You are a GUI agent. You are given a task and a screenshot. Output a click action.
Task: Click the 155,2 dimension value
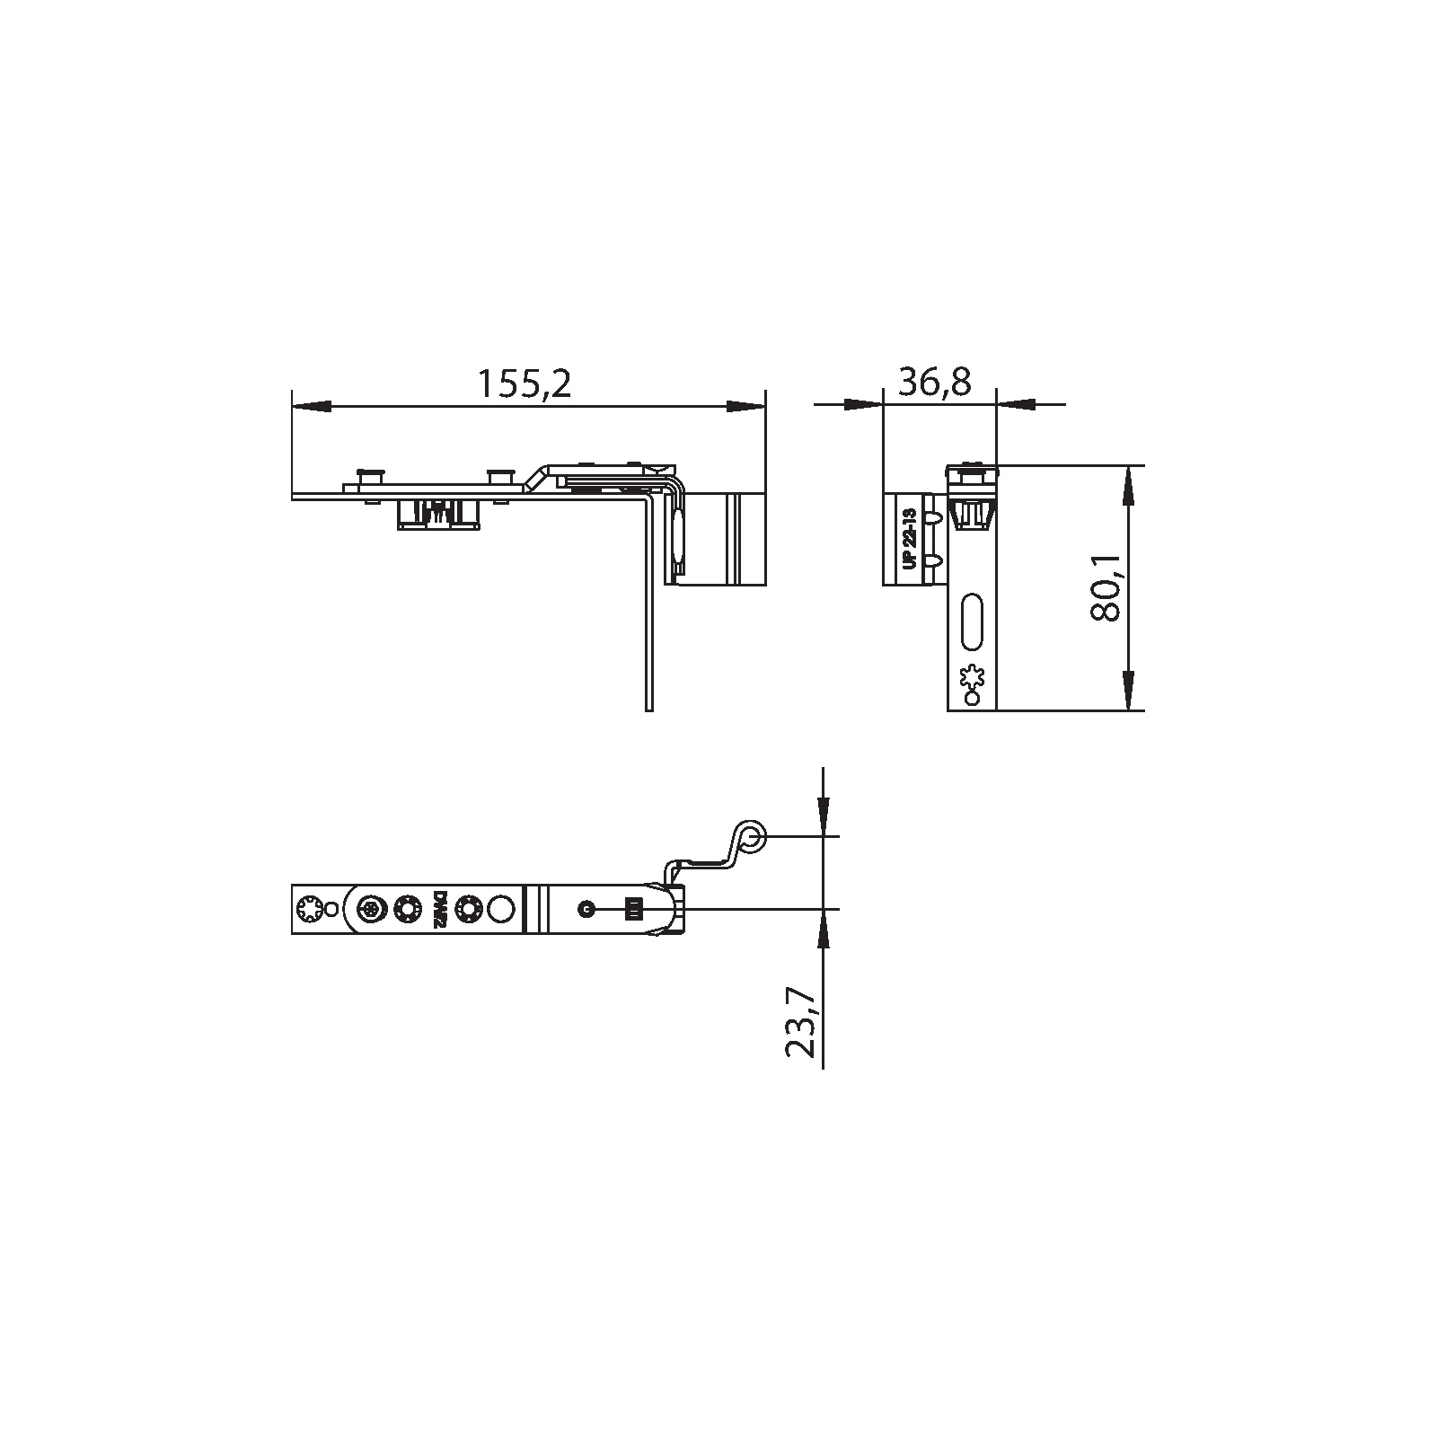524,384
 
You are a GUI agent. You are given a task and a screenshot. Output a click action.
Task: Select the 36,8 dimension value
935,383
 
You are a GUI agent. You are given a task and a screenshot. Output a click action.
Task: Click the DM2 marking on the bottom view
440,910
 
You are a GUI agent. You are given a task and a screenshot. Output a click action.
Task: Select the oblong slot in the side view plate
972,619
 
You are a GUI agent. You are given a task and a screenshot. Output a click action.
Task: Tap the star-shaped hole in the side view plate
973,676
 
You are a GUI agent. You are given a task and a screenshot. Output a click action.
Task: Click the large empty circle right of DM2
501,910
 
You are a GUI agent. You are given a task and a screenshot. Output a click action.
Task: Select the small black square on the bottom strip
634,910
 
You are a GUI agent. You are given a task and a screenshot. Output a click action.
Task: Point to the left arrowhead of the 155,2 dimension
310,406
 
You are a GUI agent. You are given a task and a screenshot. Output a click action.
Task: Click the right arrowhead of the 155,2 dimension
746,406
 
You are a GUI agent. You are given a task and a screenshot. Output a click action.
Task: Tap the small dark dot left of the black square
586,910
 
